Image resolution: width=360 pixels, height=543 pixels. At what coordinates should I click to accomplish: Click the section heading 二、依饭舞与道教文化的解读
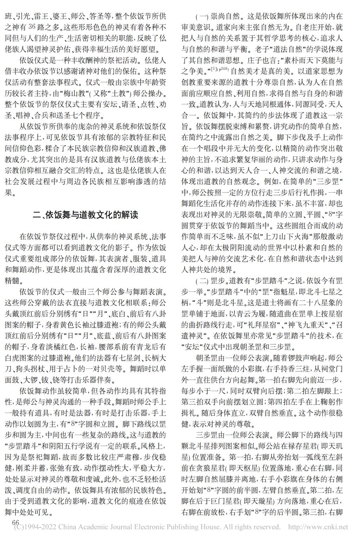85,215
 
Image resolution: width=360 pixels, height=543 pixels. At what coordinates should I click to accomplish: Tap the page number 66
15,523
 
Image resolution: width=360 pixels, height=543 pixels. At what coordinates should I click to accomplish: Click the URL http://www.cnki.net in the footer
318,527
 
